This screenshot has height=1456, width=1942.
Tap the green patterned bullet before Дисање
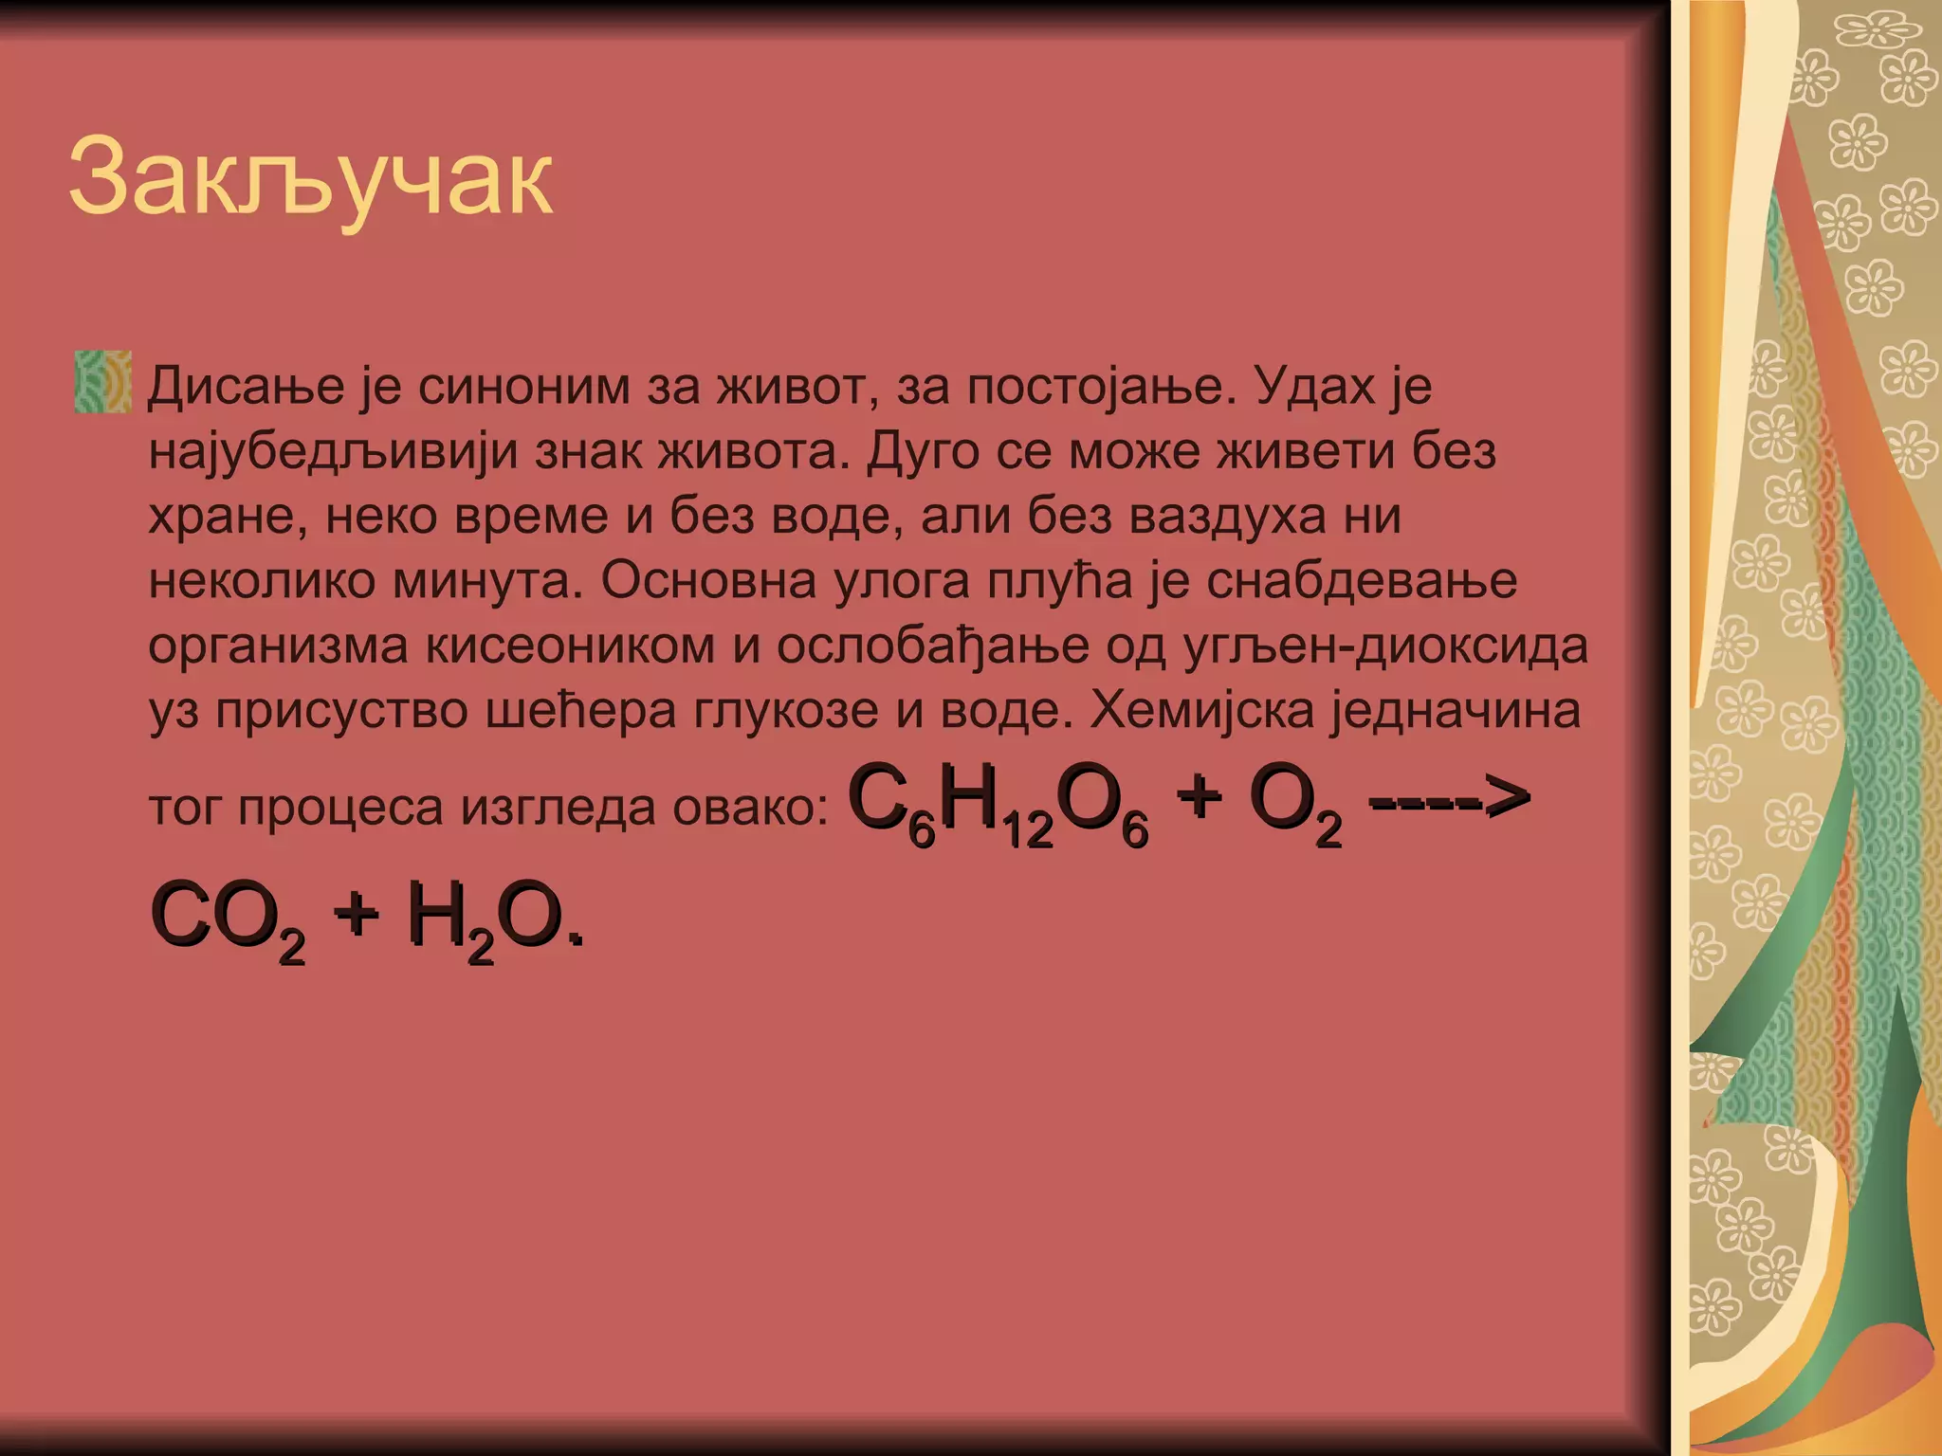point(102,382)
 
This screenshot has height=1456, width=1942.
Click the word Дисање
point(246,387)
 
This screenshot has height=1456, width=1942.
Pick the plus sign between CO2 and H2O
point(356,916)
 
